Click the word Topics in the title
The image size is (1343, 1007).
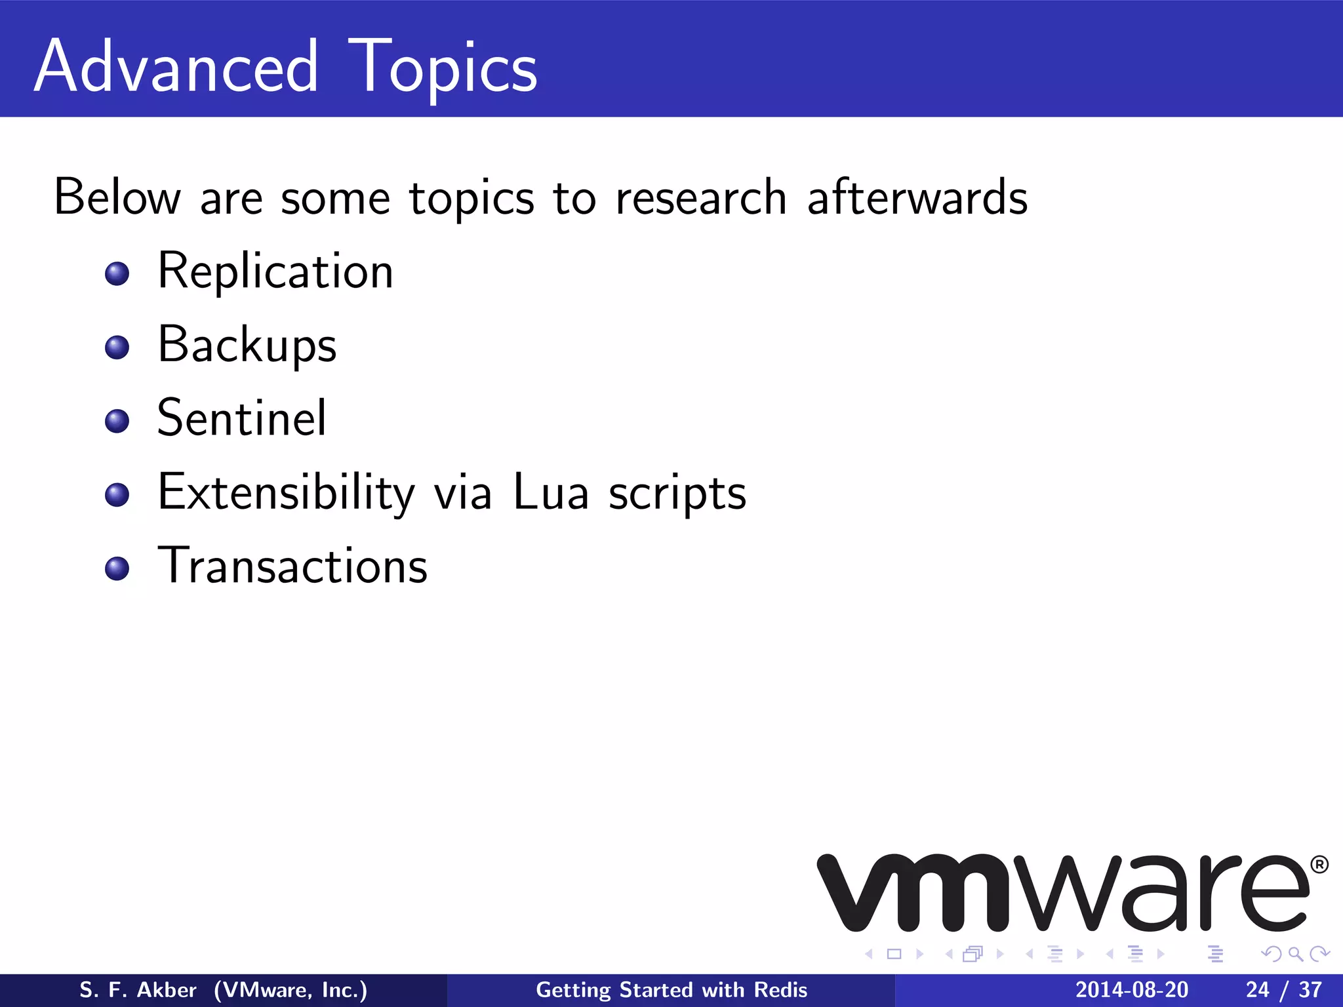click(x=443, y=67)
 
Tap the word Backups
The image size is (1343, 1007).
click(x=247, y=345)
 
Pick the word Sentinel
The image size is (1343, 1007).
click(x=241, y=418)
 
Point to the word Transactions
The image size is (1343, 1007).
click(x=292, y=566)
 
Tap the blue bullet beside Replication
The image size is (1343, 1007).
click(x=117, y=273)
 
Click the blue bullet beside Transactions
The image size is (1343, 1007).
click(x=117, y=568)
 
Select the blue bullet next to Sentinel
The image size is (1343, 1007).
click(x=117, y=421)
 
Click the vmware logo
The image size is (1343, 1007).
click(x=1062, y=893)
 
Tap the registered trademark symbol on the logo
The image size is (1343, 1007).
click(x=1319, y=865)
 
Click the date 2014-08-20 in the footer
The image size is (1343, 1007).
click(x=1131, y=990)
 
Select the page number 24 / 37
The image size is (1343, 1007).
click(x=1283, y=990)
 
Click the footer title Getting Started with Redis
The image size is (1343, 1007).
click(x=671, y=990)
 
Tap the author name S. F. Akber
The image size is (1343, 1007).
click(x=138, y=990)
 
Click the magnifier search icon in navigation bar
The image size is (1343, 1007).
click(x=1295, y=954)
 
